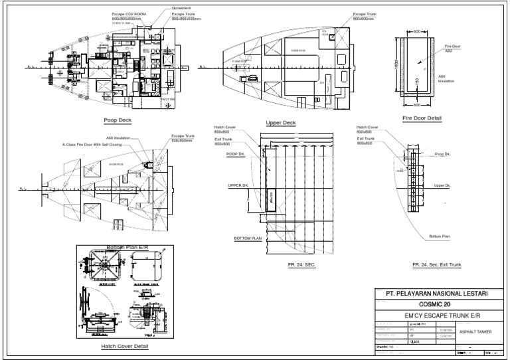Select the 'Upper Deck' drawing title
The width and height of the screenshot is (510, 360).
coord(281,123)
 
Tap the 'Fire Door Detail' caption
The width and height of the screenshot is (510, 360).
coord(422,118)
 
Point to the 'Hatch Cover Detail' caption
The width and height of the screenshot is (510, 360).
coord(126,346)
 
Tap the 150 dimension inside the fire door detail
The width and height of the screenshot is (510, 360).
coord(416,82)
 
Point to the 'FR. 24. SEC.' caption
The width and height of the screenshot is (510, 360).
coord(303,265)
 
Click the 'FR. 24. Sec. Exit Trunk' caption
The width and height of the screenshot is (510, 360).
coord(436,265)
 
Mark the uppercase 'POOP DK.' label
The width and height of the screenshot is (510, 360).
coord(236,153)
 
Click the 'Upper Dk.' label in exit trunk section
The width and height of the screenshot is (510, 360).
coord(442,185)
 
